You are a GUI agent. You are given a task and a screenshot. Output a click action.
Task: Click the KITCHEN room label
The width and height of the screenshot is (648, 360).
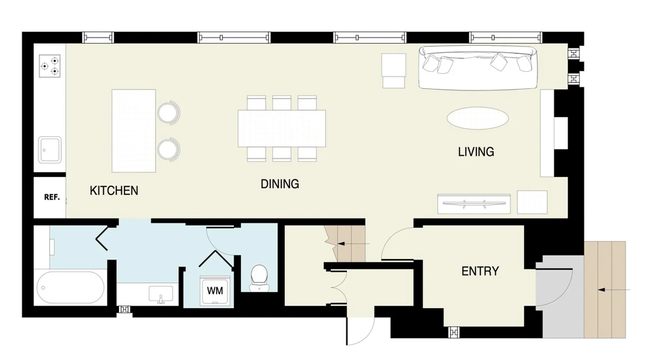(114, 190)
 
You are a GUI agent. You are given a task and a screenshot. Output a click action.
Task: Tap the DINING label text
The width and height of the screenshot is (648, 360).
(280, 184)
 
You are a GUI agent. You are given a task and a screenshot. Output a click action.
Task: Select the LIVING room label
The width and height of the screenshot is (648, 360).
(476, 152)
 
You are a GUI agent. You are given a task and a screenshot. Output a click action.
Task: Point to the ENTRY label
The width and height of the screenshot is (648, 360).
(480, 271)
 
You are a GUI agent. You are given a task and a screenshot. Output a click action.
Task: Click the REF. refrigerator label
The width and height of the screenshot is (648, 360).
(52, 197)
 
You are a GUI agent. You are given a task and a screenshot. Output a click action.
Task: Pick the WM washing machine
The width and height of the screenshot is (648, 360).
(215, 291)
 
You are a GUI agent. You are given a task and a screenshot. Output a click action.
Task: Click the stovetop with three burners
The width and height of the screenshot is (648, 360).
(50, 66)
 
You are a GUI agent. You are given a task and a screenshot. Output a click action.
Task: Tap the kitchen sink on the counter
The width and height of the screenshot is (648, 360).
(50, 150)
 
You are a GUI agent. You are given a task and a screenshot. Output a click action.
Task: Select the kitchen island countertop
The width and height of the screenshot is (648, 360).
(134, 131)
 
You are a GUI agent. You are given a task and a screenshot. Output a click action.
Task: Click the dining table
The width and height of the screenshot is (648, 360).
(282, 129)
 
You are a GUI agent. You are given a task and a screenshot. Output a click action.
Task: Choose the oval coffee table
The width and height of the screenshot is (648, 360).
(477, 118)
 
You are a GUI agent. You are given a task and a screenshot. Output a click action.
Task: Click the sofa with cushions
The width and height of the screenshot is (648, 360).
(478, 68)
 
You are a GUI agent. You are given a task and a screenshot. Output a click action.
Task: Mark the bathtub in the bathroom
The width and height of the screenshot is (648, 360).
(70, 288)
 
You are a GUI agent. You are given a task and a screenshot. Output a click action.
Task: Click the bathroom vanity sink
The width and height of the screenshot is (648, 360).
(161, 294)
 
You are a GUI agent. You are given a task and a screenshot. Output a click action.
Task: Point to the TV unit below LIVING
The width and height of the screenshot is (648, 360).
(474, 204)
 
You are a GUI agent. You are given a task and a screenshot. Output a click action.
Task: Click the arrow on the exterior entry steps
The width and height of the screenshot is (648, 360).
(613, 289)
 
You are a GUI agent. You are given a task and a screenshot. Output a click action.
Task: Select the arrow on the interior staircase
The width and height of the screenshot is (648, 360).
(354, 244)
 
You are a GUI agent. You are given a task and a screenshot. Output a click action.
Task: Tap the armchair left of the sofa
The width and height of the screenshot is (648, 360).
(394, 71)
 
